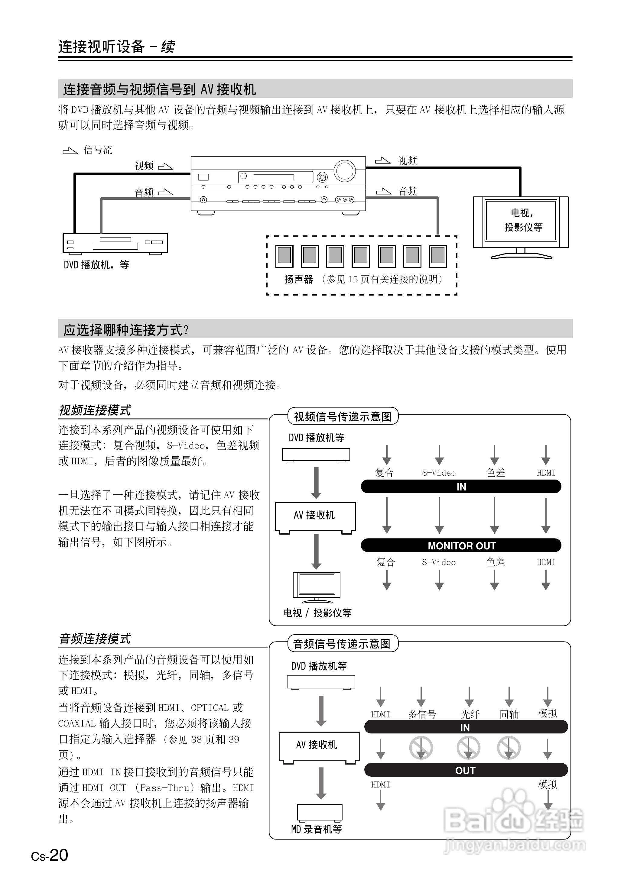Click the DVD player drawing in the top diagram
click(x=115, y=243)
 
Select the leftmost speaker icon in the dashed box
click(x=284, y=256)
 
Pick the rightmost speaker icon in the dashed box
click(x=438, y=256)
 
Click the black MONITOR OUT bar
click(x=461, y=545)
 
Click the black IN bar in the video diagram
click(x=461, y=487)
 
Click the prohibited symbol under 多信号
click(x=421, y=748)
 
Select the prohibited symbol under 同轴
click(x=509, y=748)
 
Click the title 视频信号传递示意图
click(x=343, y=416)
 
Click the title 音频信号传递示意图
click(x=342, y=644)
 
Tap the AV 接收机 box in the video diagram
click(x=315, y=516)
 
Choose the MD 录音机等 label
click(x=317, y=829)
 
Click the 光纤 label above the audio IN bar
click(x=470, y=714)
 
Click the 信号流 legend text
click(x=98, y=150)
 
